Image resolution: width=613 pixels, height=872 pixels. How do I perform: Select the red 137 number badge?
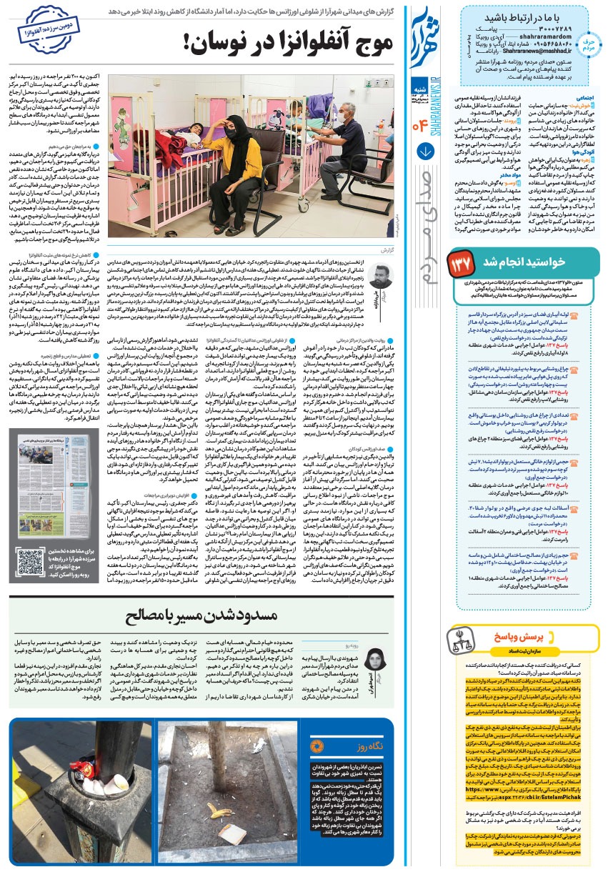tap(460, 264)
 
